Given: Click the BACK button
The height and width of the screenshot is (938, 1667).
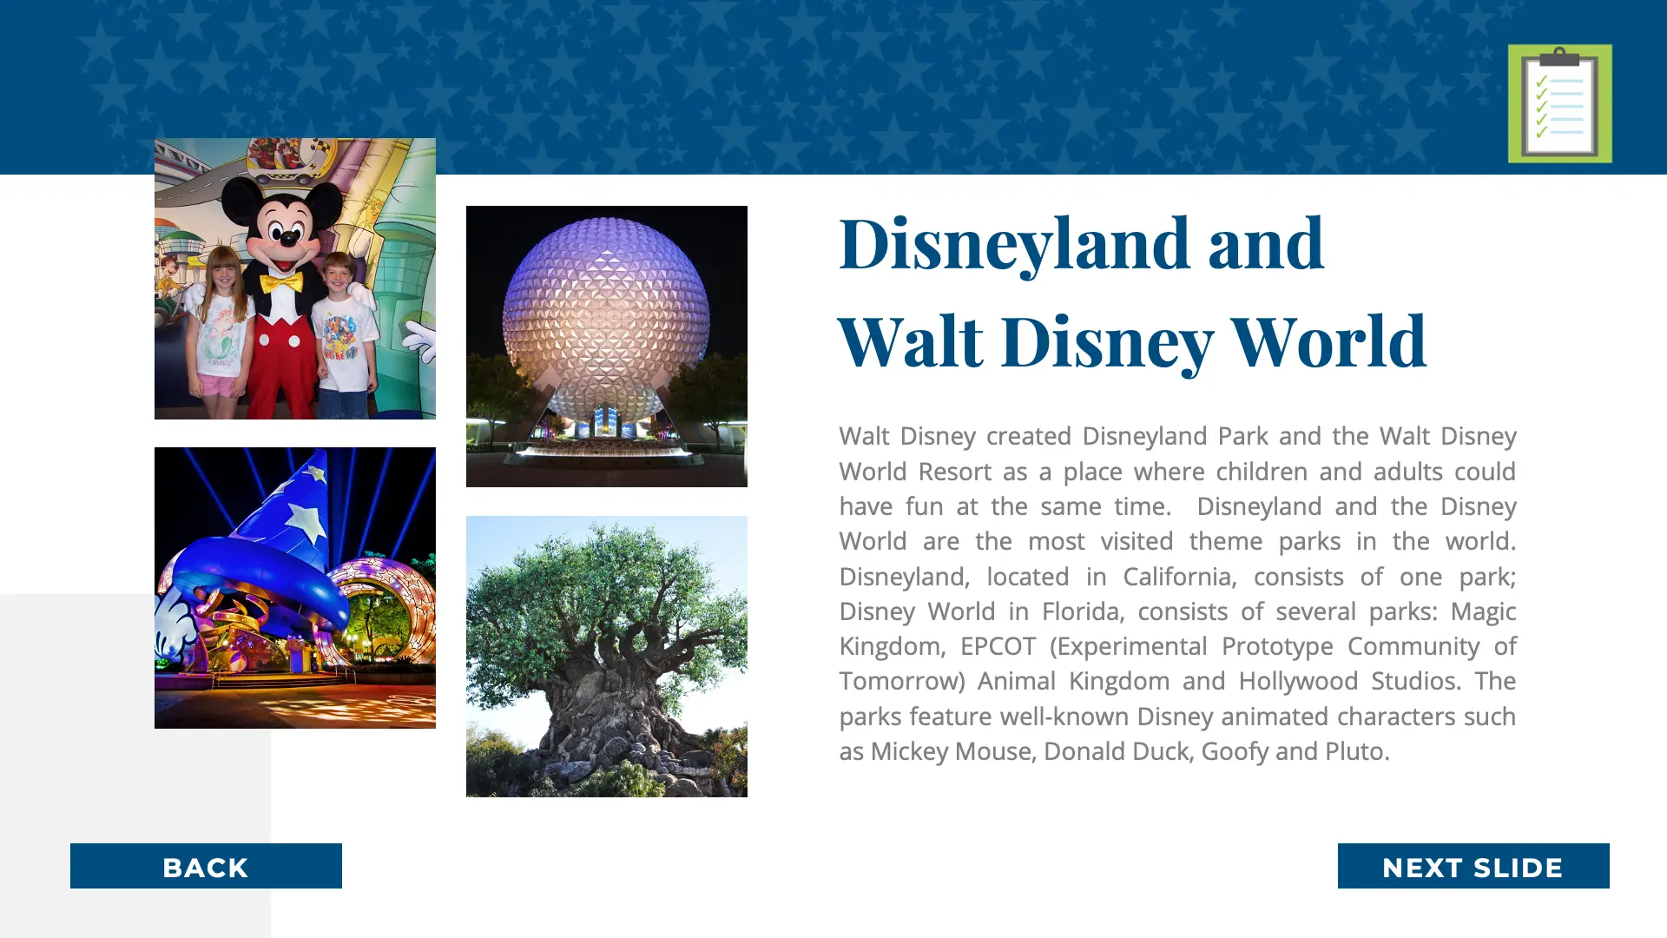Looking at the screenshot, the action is (206, 866).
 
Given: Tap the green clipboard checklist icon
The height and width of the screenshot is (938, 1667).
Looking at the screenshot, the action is (1559, 103).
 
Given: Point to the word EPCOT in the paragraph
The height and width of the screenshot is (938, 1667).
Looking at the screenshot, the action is (998, 646).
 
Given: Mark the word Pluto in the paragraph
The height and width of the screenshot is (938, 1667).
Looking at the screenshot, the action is (1357, 751).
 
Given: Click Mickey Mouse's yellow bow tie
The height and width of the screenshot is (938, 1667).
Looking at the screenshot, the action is (281, 283).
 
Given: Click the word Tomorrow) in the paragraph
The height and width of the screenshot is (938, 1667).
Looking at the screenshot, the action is (902, 682).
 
